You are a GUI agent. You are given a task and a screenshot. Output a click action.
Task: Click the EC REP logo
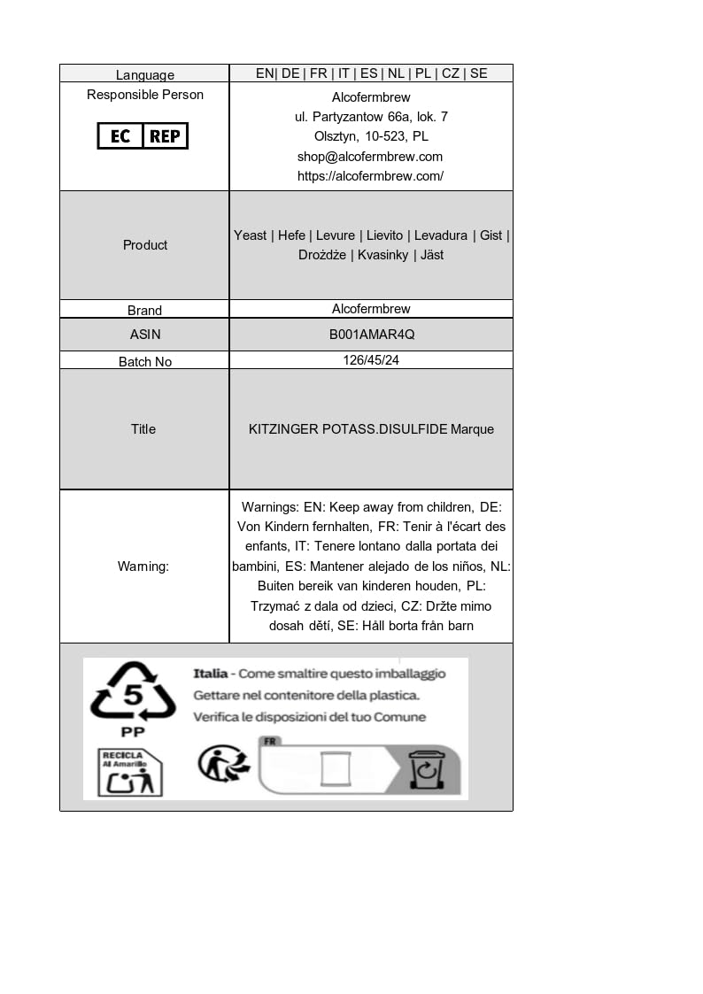click(x=143, y=135)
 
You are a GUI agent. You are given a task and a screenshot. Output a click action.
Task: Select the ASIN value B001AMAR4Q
click(x=371, y=335)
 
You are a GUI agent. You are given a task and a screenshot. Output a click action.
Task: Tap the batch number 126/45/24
click(x=371, y=360)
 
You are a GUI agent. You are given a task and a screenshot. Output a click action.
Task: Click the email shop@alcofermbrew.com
click(x=370, y=157)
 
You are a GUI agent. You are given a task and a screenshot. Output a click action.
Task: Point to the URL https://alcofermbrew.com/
click(x=370, y=176)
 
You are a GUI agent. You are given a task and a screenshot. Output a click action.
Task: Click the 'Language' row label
click(x=145, y=74)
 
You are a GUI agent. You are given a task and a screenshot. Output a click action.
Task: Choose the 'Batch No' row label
click(x=145, y=361)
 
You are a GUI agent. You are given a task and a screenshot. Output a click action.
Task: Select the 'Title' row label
click(x=143, y=429)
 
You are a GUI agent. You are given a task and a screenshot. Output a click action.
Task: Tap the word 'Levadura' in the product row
click(x=441, y=235)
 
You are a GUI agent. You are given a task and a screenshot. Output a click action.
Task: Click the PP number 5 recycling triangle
click(x=133, y=695)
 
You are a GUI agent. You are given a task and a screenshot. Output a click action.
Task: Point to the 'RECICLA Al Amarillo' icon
click(x=129, y=772)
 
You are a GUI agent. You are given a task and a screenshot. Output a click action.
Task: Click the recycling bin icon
click(x=426, y=769)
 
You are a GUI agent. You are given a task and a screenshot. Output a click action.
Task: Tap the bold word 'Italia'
click(x=211, y=674)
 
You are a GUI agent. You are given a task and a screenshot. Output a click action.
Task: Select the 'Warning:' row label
click(x=143, y=566)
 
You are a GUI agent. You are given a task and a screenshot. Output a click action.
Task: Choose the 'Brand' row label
click(x=144, y=310)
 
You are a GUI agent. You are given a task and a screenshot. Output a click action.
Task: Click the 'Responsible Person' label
click(x=145, y=95)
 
